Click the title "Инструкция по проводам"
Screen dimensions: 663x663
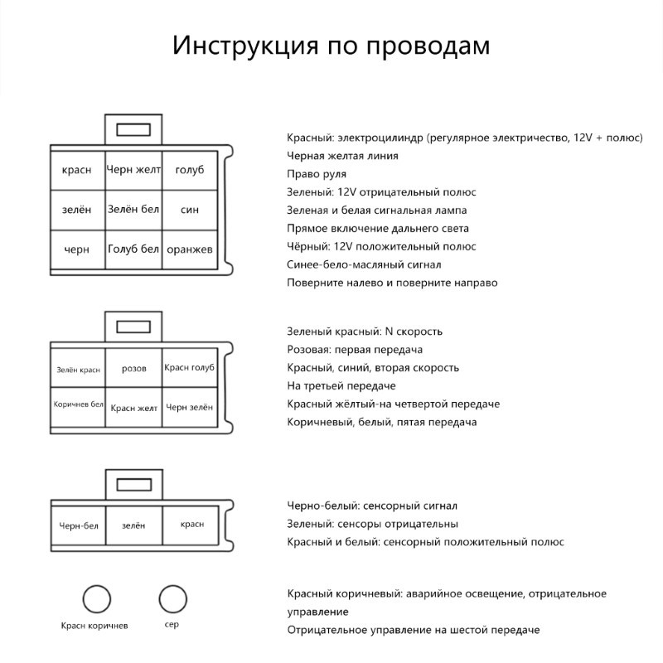(x=331, y=46)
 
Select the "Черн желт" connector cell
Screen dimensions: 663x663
(x=133, y=170)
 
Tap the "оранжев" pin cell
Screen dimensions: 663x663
(x=190, y=249)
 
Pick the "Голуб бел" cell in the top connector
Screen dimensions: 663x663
(x=133, y=249)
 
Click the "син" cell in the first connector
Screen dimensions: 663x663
(x=190, y=210)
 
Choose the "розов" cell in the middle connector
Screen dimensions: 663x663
(x=133, y=369)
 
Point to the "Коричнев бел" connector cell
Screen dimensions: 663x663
(x=79, y=405)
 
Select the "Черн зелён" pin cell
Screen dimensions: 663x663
(x=190, y=407)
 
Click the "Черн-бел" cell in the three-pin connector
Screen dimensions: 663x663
(x=79, y=525)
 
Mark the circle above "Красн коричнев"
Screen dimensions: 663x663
(x=96, y=598)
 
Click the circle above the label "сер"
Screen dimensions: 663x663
(x=172, y=598)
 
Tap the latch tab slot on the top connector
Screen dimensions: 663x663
(x=133, y=130)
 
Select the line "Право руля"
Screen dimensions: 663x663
(x=317, y=174)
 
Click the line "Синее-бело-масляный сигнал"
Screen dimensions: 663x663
(x=364, y=264)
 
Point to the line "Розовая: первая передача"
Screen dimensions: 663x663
(x=355, y=350)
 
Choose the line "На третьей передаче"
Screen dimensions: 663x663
(x=341, y=386)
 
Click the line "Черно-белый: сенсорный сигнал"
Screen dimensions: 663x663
(x=372, y=506)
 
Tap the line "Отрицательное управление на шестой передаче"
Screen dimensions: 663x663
(x=413, y=630)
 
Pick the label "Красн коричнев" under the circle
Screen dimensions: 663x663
(x=94, y=626)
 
